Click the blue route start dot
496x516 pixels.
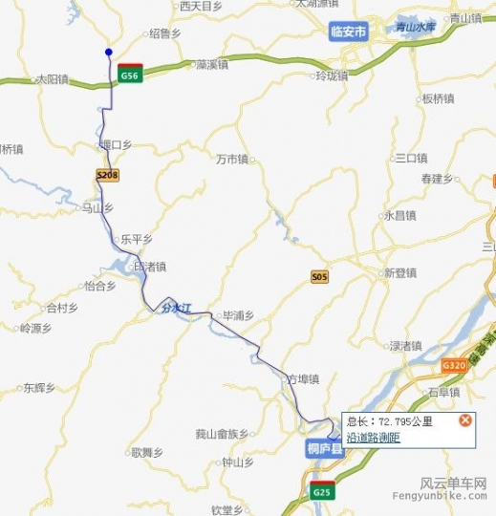(x=109, y=53)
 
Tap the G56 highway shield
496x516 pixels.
(x=131, y=75)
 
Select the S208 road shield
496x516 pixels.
(x=108, y=176)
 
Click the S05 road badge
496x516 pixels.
(x=319, y=277)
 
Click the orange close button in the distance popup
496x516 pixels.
(x=465, y=419)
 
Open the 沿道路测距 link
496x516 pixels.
(x=373, y=437)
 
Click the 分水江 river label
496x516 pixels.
(x=177, y=308)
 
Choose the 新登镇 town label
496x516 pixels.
(x=400, y=272)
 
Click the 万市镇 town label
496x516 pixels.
(x=232, y=159)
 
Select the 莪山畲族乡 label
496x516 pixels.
(x=222, y=434)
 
